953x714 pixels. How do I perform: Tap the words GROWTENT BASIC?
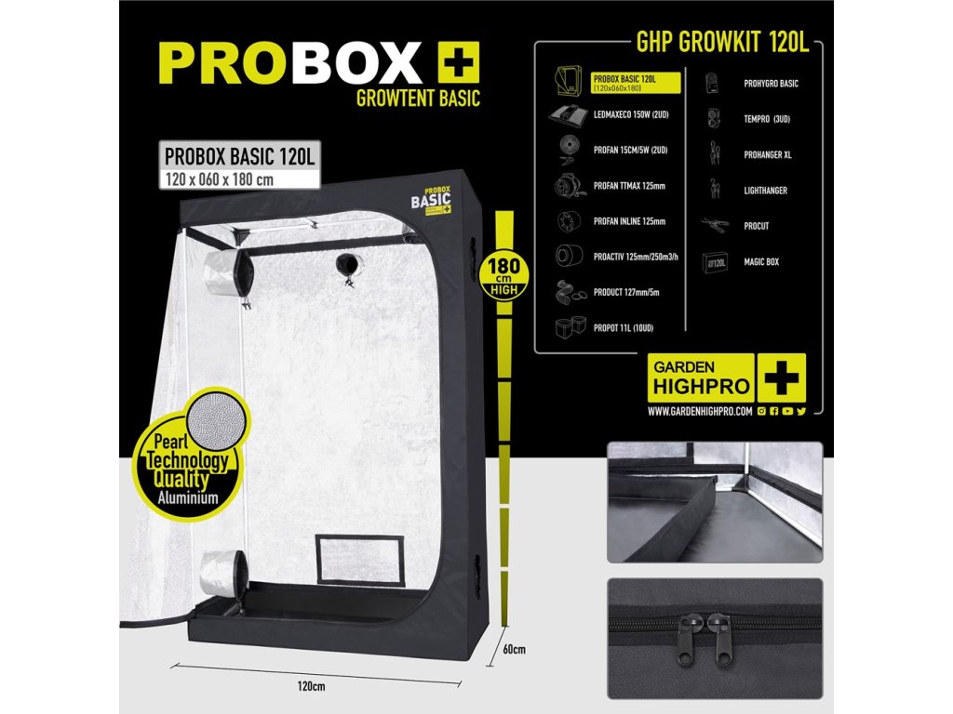coord(419,98)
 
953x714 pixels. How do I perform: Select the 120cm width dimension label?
coord(312,686)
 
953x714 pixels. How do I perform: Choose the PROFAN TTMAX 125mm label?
coord(629,186)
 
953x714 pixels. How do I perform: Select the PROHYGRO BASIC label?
coord(771,84)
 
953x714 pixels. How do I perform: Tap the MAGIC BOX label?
coord(760,262)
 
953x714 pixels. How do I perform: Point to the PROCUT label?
coord(756,226)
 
